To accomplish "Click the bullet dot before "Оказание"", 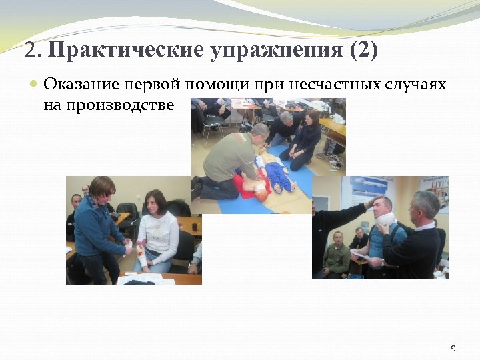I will [35, 85].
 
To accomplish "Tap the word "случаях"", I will [416, 85].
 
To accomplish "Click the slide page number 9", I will [453, 348].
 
